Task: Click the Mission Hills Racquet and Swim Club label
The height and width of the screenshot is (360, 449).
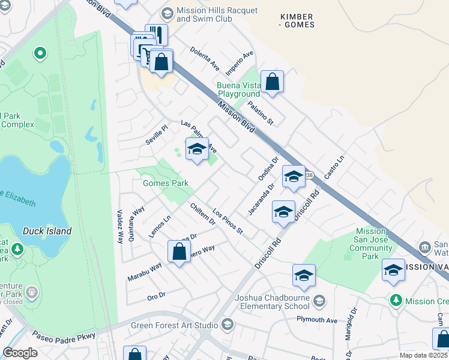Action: (217, 15)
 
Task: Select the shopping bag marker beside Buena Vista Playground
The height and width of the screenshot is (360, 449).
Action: (272, 83)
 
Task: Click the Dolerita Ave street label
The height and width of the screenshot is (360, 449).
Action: (205, 58)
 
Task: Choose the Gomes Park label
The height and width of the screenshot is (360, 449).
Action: (166, 183)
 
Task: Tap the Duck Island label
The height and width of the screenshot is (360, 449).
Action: (47, 231)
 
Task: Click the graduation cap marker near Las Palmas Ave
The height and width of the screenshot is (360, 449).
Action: (196, 151)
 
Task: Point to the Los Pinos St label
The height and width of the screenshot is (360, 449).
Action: (228, 222)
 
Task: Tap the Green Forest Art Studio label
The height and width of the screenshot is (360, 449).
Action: (175, 325)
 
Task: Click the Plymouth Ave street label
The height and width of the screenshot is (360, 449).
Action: (317, 320)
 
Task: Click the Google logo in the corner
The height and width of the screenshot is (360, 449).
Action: (20, 353)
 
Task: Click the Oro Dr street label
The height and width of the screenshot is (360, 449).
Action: (156, 297)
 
